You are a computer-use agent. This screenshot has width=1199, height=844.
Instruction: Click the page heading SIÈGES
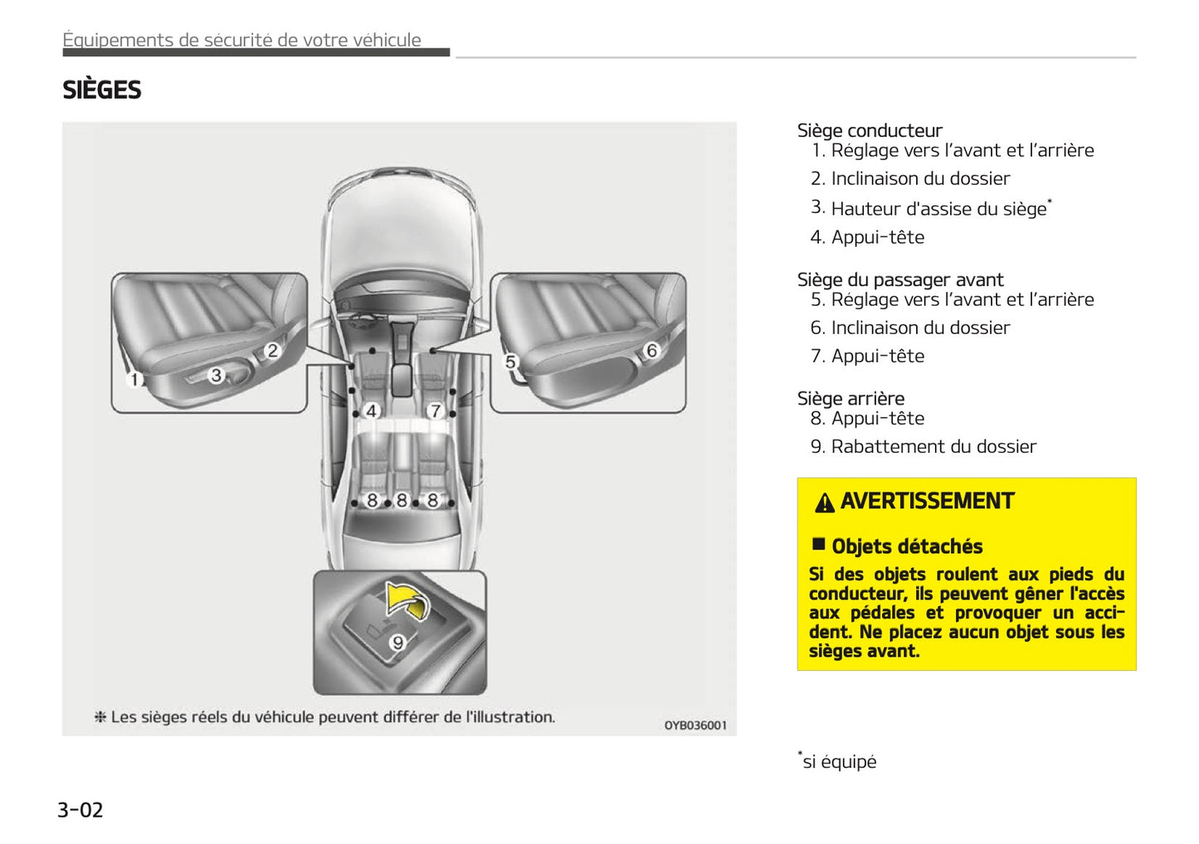[x=101, y=90]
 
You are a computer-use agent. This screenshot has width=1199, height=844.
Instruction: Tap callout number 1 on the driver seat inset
[x=134, y=380]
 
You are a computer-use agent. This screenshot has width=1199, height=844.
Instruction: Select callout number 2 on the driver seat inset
[x=272, y=351]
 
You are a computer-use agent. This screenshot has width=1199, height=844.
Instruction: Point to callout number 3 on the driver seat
[x=217, y=375]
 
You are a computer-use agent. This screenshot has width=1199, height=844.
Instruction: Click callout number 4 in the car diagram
[x=372, y=410]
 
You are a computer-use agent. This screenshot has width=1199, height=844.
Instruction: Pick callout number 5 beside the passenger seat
[x=511, y=361]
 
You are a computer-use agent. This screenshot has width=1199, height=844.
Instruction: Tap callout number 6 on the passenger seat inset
[x=651, y=351]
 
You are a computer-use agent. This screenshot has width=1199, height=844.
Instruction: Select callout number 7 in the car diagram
[x=435, y=410]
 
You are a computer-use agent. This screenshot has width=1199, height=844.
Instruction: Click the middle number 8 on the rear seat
[x=402, y=500]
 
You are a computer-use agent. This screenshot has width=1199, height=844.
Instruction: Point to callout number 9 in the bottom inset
[x=398, y=643]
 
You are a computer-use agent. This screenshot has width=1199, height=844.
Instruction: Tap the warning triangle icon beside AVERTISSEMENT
[x=824, y=502]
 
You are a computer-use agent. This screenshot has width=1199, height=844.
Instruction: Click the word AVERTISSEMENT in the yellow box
[x=927, y=501]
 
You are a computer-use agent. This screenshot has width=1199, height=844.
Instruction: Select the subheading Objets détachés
[x=906, y=546]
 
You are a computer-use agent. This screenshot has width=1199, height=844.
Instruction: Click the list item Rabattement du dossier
[x=933, y=446]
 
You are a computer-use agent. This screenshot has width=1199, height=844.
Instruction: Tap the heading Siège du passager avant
[x=899, y=279]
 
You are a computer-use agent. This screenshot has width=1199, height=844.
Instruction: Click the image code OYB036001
[x=695, y=725]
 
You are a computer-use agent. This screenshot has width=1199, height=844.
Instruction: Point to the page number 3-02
[x=80, y=809]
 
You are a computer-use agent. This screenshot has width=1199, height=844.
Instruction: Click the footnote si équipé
[x=838, y=761]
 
